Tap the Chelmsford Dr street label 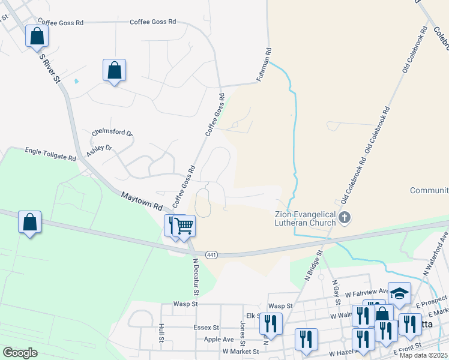(x=112, y=132)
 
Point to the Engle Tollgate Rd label (x=50, y=154)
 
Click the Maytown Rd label (x=142, y=200)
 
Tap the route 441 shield (x=211, y=255)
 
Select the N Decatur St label (x=196, y=277)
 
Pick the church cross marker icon (x=345, y=217)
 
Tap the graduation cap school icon (x=399, y=293)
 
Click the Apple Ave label (x=201, y=339)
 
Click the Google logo (x=20, y=353)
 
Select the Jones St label (x=243, y=329)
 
